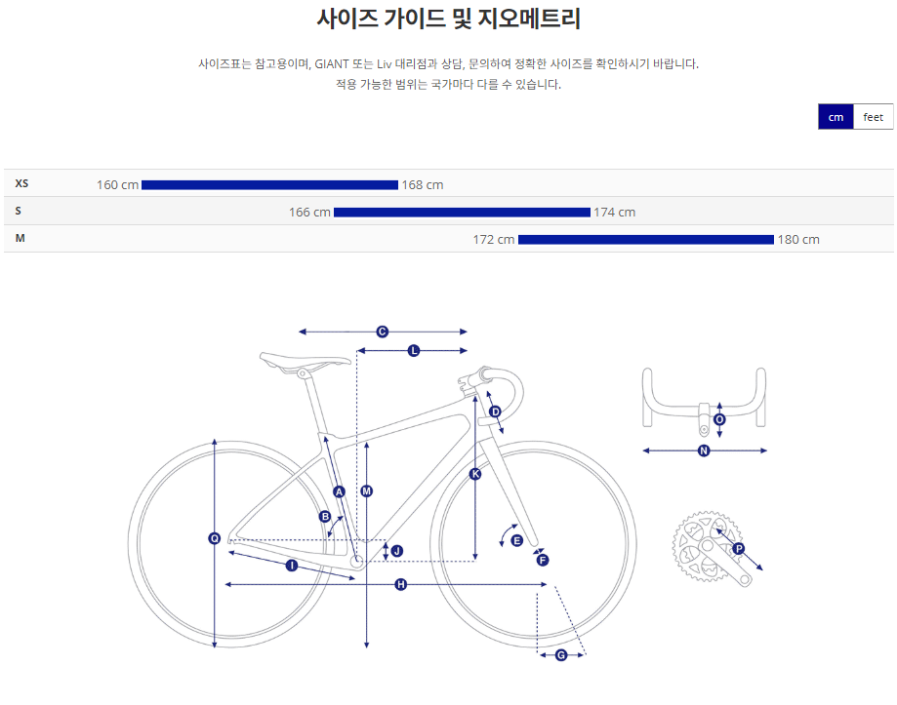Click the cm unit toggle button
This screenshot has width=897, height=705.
coord(836,117)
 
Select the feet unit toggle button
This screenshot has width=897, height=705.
coord(873,117)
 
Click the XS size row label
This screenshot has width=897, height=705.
coord(22,183)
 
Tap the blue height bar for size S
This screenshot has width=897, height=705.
coord(462,212)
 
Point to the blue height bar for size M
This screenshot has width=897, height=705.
coord(645,239)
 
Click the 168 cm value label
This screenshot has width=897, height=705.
coord(423,184)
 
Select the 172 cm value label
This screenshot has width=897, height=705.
coord(493,239)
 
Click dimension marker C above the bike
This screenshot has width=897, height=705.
coord(383,332)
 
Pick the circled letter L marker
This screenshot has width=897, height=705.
coord(414,350)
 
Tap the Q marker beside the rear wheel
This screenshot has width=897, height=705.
coord(215,538)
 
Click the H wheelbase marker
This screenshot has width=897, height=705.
coord(400,584)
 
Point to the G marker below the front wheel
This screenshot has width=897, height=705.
coord(561,655)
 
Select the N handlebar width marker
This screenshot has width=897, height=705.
coord(704,450)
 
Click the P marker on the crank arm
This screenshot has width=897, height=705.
coord(738,549)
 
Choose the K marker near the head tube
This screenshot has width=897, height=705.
coord(475,474)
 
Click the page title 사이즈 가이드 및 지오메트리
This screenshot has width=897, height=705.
coord(449,18)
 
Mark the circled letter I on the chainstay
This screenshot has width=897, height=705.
coord(291,566)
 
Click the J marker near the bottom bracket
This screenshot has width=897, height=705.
coord(396,551)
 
